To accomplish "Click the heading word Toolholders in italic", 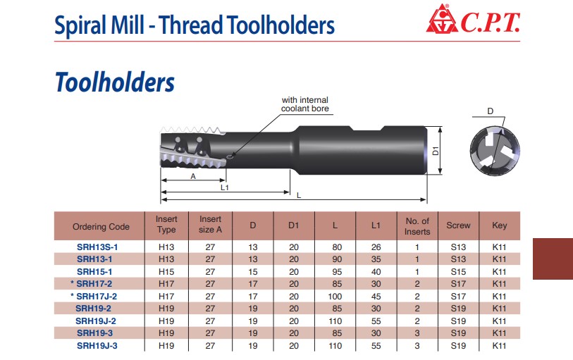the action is tap(115, 82).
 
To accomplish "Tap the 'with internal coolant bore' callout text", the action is tap(304, 104).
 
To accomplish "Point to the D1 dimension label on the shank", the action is tap(436, 151).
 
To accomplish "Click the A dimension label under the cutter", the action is tap(193, 176).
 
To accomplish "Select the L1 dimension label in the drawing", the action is tap(225, 187).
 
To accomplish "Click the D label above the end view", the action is tap(491, 111).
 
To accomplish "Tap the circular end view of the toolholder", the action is tap(495, 151).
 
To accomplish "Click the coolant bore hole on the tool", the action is tap(230, 157).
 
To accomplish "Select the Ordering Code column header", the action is tap(101, 227).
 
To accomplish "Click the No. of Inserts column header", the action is tap(417, 226).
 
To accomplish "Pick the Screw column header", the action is tap(458, 225).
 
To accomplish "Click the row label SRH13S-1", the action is tap(97, 247).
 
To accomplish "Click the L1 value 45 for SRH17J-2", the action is tap(376, 297).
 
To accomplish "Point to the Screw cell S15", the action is tap(458, 272).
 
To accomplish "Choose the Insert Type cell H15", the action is tap(166, 272).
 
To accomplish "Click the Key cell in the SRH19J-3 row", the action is tap(499, 346).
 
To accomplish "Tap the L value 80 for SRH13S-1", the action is tap(337, 247).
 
